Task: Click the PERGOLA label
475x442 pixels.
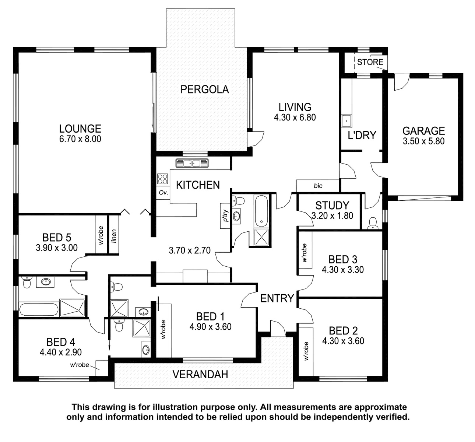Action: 204,90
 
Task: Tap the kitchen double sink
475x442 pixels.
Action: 192,163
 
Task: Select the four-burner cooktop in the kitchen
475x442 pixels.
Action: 162,179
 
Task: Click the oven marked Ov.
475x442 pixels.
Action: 163,192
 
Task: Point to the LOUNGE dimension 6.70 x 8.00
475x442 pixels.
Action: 80,139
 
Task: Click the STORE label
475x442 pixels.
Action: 370,62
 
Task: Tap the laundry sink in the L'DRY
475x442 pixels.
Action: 346,121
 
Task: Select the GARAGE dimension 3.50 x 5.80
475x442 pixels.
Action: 423,141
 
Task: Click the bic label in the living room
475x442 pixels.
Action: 318,186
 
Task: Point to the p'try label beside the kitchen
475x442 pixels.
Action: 226,215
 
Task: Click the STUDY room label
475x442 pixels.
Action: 332,206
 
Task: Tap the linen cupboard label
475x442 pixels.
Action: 114,236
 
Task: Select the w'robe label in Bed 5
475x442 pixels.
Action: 101,235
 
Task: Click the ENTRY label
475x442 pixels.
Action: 277,298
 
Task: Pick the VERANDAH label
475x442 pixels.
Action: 200,375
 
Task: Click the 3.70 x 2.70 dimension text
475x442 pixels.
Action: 190,250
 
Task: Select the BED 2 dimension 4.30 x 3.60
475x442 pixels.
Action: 343,341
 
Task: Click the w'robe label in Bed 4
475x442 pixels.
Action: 80,365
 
